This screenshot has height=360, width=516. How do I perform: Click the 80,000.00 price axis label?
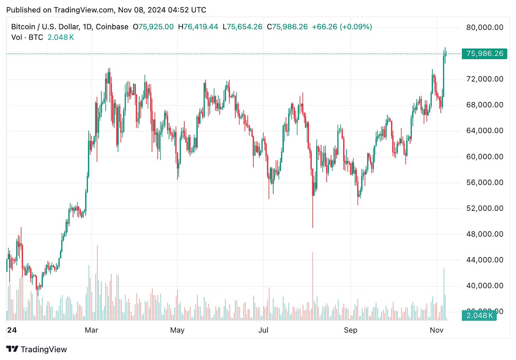point(484,28)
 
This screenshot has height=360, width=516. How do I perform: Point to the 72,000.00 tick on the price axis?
point(484,79)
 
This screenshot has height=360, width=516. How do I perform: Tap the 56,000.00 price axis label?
point(484,182)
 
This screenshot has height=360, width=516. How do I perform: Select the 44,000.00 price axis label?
point(484,260)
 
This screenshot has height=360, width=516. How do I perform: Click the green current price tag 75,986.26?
point(484,54)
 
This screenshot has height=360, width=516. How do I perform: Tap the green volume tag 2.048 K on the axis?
point(479,315)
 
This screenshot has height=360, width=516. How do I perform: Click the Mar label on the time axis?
point(91,330)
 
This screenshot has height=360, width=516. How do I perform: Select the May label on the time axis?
point(177,330)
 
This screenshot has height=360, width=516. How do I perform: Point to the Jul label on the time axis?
point(263,330)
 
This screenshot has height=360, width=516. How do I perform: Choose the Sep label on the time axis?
point(350,330)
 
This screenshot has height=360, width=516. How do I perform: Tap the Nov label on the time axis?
point(436,330)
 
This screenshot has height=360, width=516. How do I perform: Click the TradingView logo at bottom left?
point(37,349)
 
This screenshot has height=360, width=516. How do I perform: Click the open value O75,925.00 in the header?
point(153,27)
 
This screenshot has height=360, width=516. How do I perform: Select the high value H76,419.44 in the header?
point(198,27)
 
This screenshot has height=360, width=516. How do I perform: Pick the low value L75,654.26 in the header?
point(242,27)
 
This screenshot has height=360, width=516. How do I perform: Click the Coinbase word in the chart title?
point(112,27)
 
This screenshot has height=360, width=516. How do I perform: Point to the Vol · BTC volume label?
point(27,38)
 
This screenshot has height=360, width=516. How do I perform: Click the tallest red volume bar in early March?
point(97,283)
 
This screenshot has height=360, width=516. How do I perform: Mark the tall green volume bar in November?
point(444,294)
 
